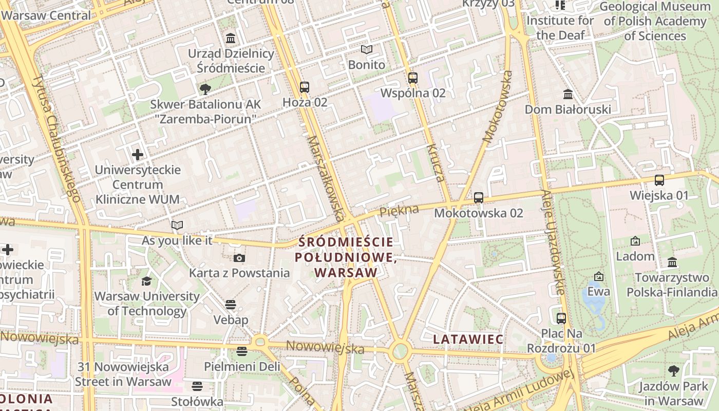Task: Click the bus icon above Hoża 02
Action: pos(305,87)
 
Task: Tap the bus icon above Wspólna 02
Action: pos(413,78)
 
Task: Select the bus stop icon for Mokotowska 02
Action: pos(479,197)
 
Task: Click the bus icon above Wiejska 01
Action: pos(659,180)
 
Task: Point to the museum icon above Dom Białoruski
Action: pos(568,94)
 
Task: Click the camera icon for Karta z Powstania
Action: pos(239,258)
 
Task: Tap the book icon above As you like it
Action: pos(177,225)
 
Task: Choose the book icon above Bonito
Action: pos(366,49)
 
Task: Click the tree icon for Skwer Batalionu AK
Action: pos(205,89)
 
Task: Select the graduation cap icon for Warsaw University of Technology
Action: pos(147,281)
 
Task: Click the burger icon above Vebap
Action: pos(231,305)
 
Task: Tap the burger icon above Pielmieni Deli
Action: pos(242,351)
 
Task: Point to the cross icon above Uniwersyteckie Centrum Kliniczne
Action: pos(138,154)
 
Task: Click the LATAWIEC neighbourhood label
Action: pos(468,339)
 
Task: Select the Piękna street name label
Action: pos(399,210)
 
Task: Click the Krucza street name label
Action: pos(435,163)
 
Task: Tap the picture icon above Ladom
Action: pos(635,241)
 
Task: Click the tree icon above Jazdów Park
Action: pos(673,371)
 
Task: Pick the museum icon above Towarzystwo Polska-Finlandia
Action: pos(672,263)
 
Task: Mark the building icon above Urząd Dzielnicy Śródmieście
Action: pos(231,39)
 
